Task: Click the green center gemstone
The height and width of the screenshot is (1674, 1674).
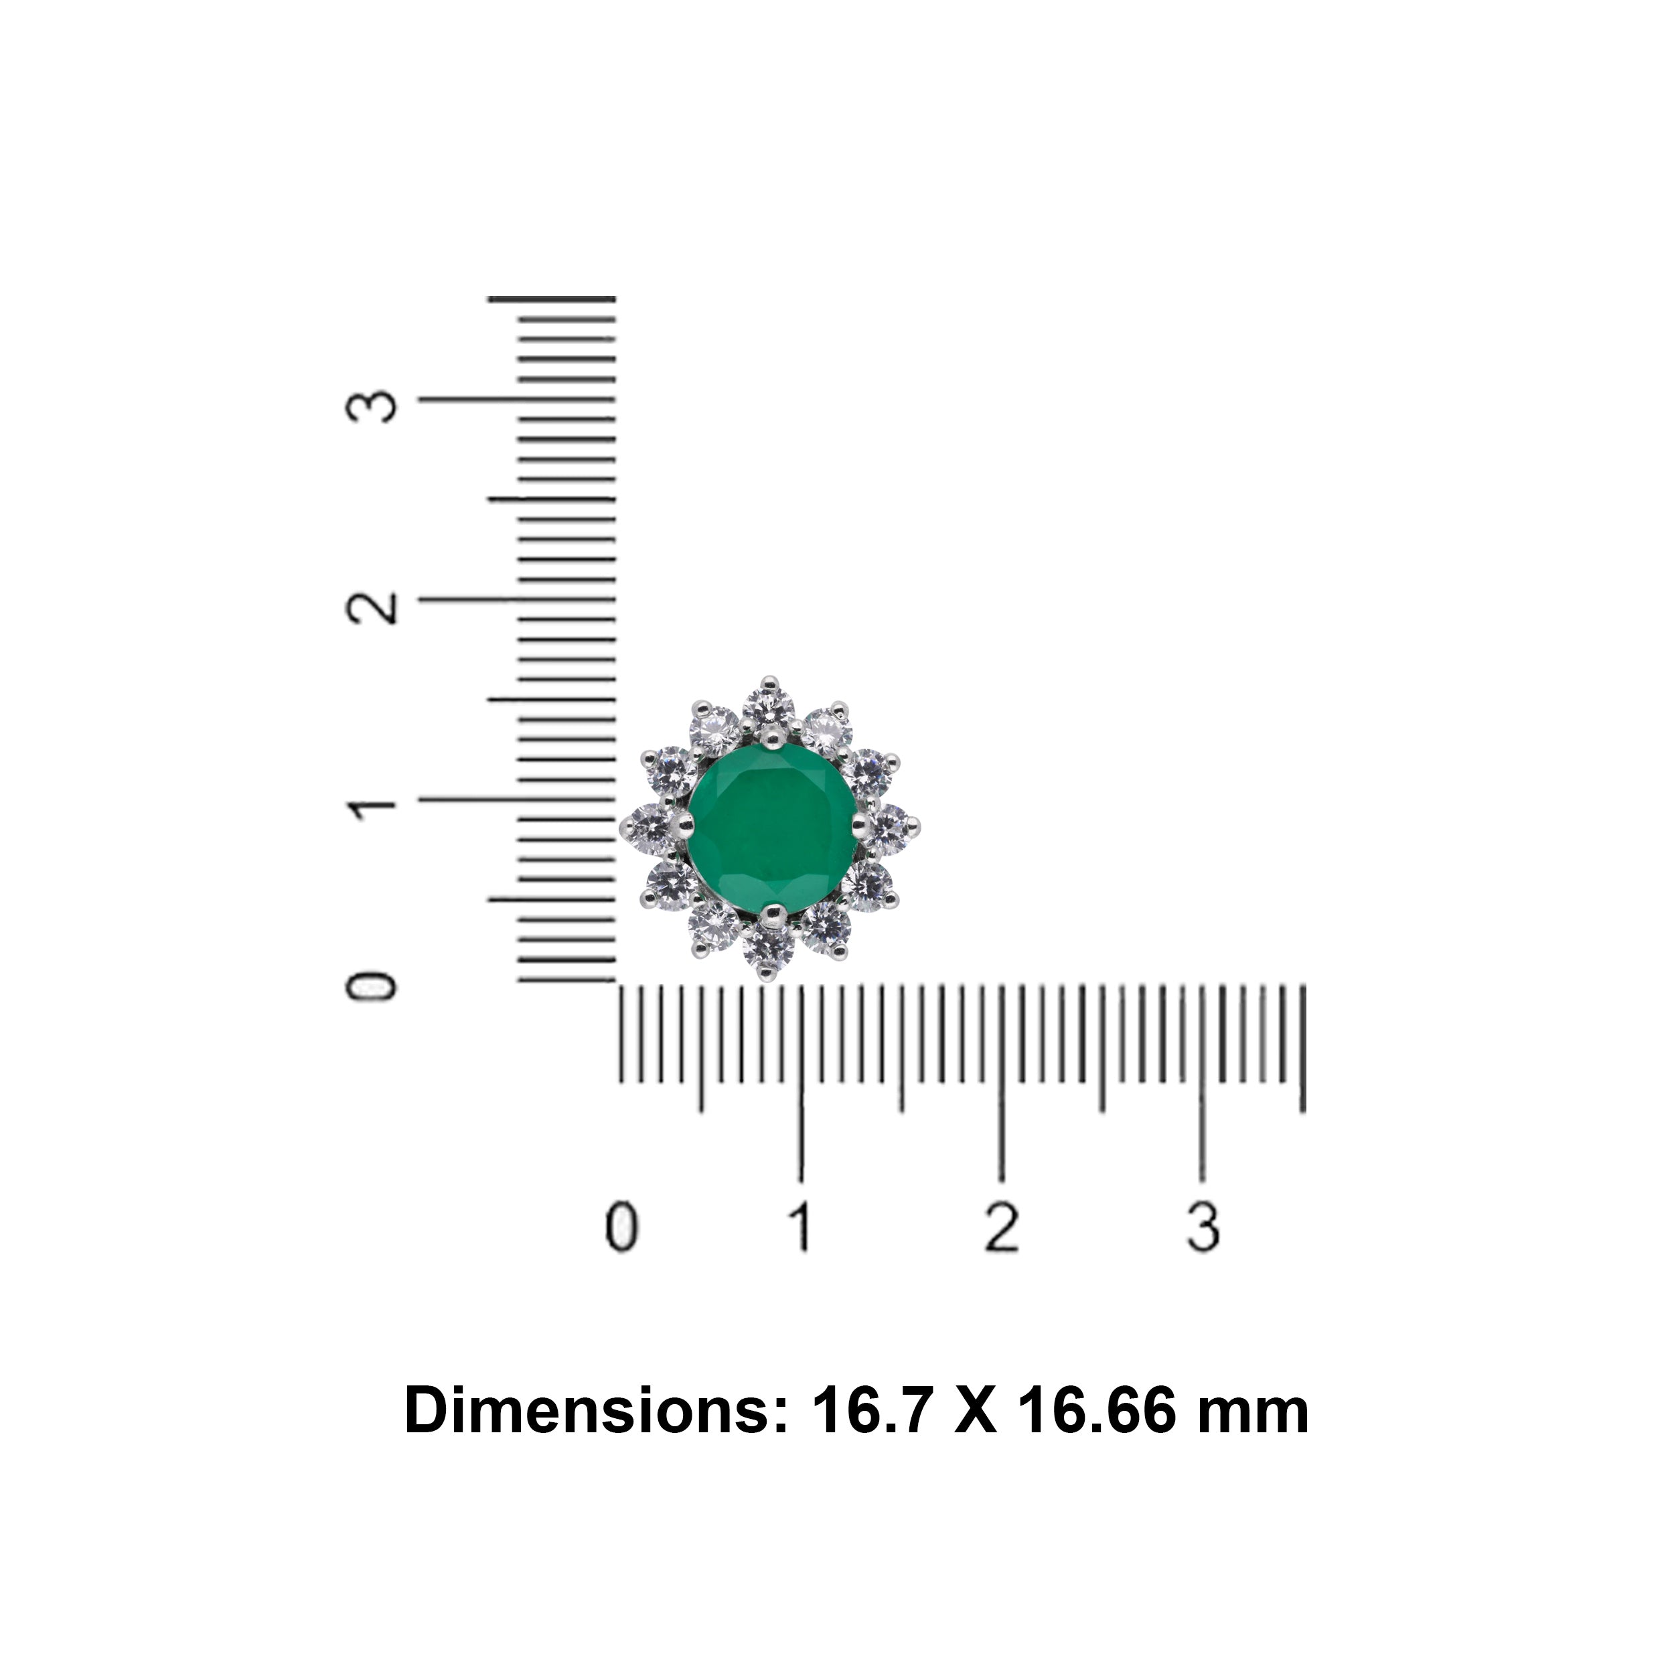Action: coord(772,828)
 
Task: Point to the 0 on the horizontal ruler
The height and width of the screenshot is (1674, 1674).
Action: coord(621,1226)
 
